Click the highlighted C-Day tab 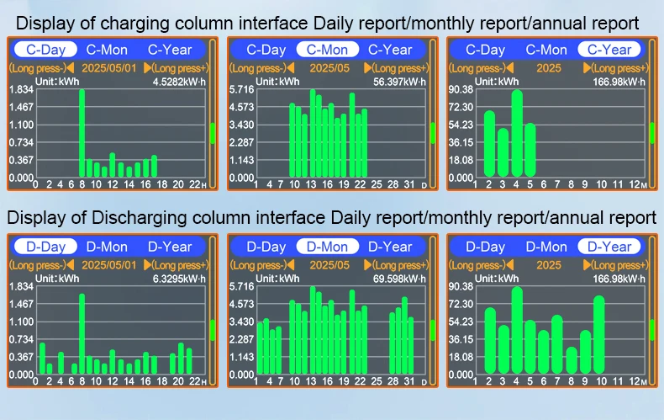tap(46, 51)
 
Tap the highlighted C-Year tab tap(609, 51)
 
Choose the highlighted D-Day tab tap(46, 247)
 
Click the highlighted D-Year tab tap(609, 247)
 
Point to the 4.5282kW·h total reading tap(178, 82)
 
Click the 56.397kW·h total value tap(398, 82)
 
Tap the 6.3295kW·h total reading tap(178, 279)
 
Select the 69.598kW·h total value tap(398, 279)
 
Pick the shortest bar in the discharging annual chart tap(572, 360)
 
